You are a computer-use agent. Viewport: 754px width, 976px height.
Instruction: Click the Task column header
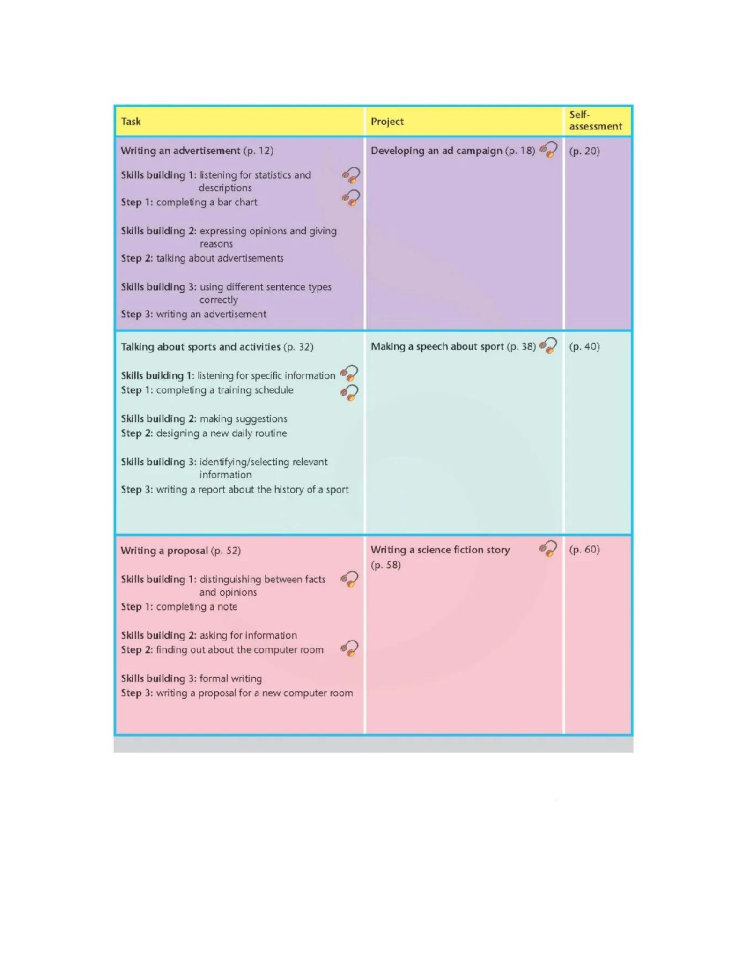pos(131,121)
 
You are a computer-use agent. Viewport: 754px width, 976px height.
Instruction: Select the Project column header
pos(387,121)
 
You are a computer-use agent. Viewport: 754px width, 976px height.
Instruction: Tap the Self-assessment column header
pos(595,121)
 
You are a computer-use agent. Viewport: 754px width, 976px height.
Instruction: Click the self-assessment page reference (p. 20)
pos(584,151)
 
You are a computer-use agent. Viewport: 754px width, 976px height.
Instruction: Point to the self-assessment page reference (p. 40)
pos(584,347)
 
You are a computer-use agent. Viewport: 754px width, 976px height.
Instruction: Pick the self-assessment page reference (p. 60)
pos(584,550)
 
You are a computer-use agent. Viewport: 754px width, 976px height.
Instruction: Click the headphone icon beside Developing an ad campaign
pos(549,150)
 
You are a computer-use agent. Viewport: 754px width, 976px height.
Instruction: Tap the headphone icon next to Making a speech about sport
pos(549,345)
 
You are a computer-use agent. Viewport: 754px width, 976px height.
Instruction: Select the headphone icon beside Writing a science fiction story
pos(549,549)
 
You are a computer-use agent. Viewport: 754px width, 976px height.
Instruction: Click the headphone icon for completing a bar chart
pos(351,198)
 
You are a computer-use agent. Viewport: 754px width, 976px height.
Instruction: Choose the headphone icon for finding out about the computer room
pos(350,649)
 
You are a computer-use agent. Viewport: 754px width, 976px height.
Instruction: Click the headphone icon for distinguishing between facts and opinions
pos(350,579)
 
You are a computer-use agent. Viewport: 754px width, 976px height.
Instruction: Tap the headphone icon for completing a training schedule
pos(350,392)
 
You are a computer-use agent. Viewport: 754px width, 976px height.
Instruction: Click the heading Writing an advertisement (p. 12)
pos(197,151)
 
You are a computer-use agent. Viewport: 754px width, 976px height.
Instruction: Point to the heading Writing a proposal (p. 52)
pos(180,551)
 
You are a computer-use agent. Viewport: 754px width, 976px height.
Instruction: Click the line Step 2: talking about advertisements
pos(202,258)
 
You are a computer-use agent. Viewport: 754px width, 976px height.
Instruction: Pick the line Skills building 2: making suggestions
pos(204,419)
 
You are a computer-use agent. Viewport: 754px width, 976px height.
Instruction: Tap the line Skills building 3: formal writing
pos(191,678)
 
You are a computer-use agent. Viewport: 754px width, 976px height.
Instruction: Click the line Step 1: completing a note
pos(179,607)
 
